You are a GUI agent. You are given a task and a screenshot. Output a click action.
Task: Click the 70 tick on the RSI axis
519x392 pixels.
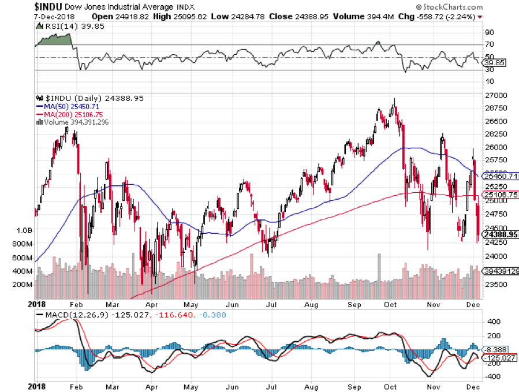coord(489,44)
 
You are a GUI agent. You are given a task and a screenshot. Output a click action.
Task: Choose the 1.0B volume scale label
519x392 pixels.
coord(23,230)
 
